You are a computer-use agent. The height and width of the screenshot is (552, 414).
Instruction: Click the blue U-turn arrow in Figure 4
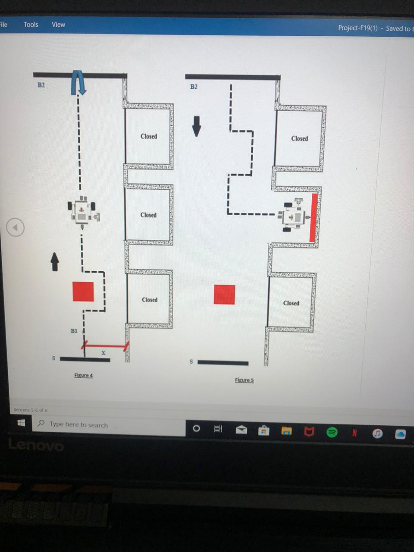78,82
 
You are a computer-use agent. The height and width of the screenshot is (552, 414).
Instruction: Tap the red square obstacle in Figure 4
83,292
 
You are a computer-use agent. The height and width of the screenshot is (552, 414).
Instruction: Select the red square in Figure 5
224,295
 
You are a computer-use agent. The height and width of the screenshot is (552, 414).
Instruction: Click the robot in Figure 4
82,211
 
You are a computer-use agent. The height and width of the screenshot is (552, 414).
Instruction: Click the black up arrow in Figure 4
55,262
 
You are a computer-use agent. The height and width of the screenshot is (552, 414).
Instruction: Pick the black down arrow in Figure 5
197,126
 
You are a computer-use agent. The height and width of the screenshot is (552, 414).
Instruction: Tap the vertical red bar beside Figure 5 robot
314,218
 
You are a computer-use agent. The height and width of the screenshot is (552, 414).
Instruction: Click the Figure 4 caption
83,375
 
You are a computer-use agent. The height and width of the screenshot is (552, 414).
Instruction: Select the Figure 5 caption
244,380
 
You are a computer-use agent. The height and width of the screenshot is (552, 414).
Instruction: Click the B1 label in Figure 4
74,331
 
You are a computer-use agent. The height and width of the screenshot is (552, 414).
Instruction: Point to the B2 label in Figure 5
194,87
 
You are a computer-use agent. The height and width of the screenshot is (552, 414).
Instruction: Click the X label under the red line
103,353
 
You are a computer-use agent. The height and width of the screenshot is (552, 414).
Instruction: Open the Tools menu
31,25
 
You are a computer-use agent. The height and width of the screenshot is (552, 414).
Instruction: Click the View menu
58,25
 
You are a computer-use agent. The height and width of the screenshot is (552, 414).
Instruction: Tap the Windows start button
21,423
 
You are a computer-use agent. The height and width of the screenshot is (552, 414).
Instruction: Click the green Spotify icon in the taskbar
332,432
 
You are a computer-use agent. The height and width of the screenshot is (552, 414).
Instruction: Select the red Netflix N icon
354,433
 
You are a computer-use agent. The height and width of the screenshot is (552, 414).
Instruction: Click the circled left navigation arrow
16,227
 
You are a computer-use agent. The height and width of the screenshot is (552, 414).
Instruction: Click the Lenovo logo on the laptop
36,445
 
